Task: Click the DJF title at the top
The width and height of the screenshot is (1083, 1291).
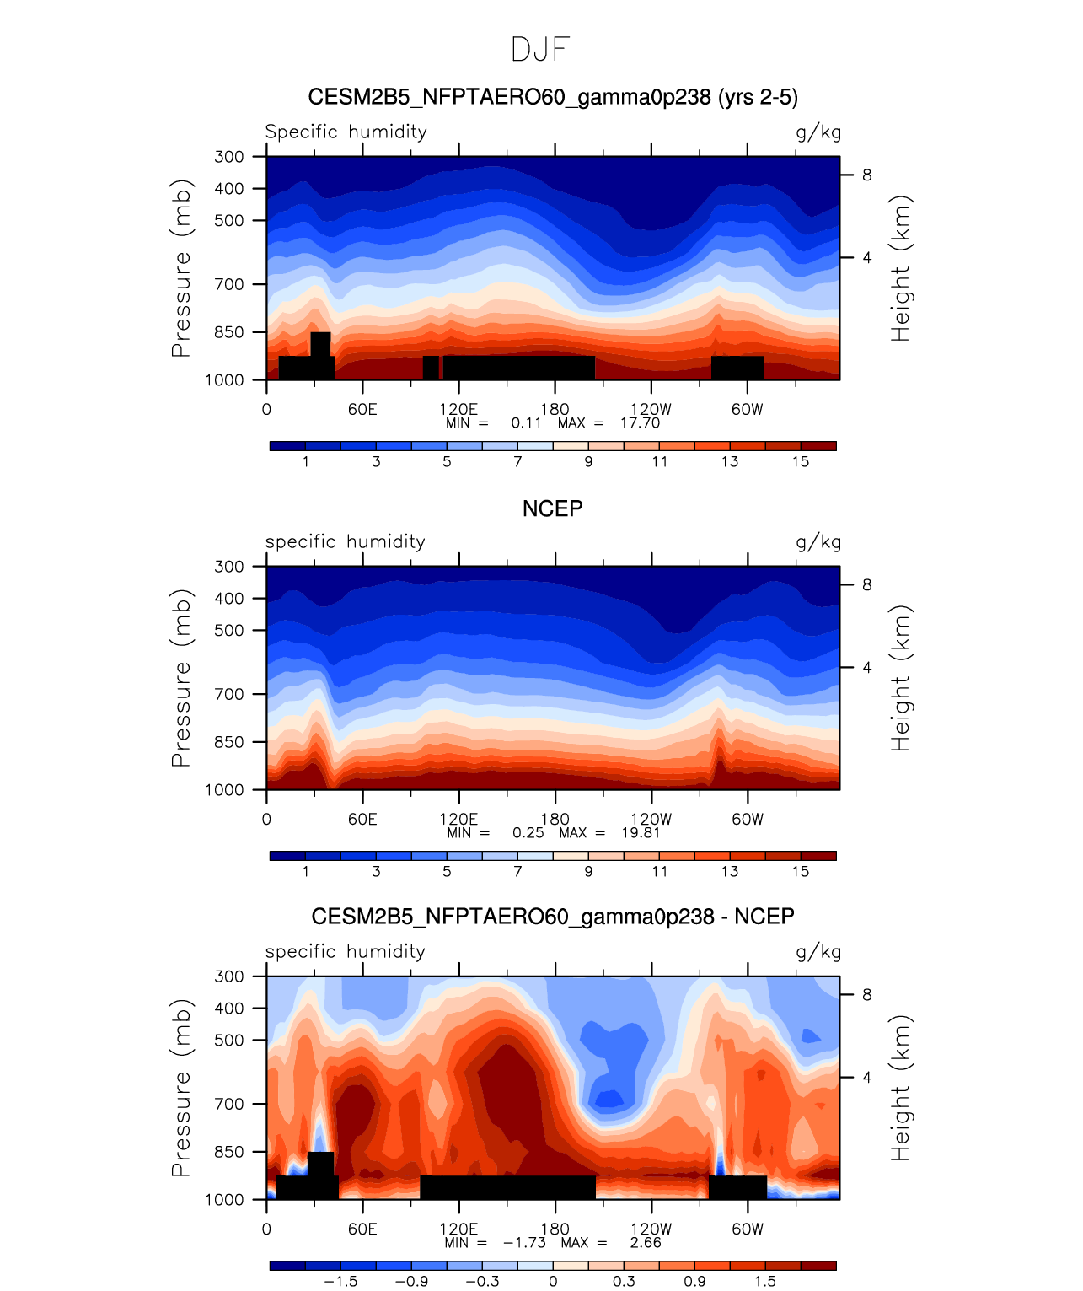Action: tap(541, 50)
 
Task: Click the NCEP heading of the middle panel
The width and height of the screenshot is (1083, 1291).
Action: tap(552, 508)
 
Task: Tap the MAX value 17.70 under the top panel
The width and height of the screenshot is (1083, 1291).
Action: tap(640, 422)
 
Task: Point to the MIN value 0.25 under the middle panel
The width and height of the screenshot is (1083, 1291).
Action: tap(528, 832)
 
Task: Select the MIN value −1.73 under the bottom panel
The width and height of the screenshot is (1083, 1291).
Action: tap(524, 1242)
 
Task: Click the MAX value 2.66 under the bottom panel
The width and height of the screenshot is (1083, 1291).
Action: tap(646, 1242)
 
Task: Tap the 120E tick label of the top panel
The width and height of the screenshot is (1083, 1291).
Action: tap(458, 410)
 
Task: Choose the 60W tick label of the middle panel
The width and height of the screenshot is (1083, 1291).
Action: tap(747, 819)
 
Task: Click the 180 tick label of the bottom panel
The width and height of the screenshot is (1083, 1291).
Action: tap(555, 1229)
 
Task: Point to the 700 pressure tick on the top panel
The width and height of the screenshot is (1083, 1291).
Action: tap(229, 284)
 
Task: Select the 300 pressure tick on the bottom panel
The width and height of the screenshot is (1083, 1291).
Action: tap(229, 976)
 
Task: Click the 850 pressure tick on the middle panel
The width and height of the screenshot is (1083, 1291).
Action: tap(229, 742)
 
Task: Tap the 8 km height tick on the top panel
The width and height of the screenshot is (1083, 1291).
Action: tap(866, 175)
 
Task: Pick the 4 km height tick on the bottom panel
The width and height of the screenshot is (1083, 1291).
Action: tap(866, 1077)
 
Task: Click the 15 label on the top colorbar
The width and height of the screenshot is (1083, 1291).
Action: tap(801, 461)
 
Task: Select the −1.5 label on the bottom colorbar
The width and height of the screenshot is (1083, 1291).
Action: tap(340, 1281)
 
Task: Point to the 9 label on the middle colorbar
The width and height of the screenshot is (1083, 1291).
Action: tap(588, 871)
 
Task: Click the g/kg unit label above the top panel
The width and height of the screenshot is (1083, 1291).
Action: tap(818, 132)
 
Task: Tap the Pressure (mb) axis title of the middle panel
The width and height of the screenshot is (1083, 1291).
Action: tap(182, 677)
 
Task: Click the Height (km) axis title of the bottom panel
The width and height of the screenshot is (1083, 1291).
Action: tap(902, 1087)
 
